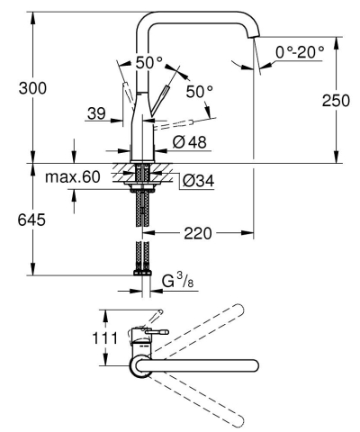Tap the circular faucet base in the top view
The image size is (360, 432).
click(140, 364)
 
